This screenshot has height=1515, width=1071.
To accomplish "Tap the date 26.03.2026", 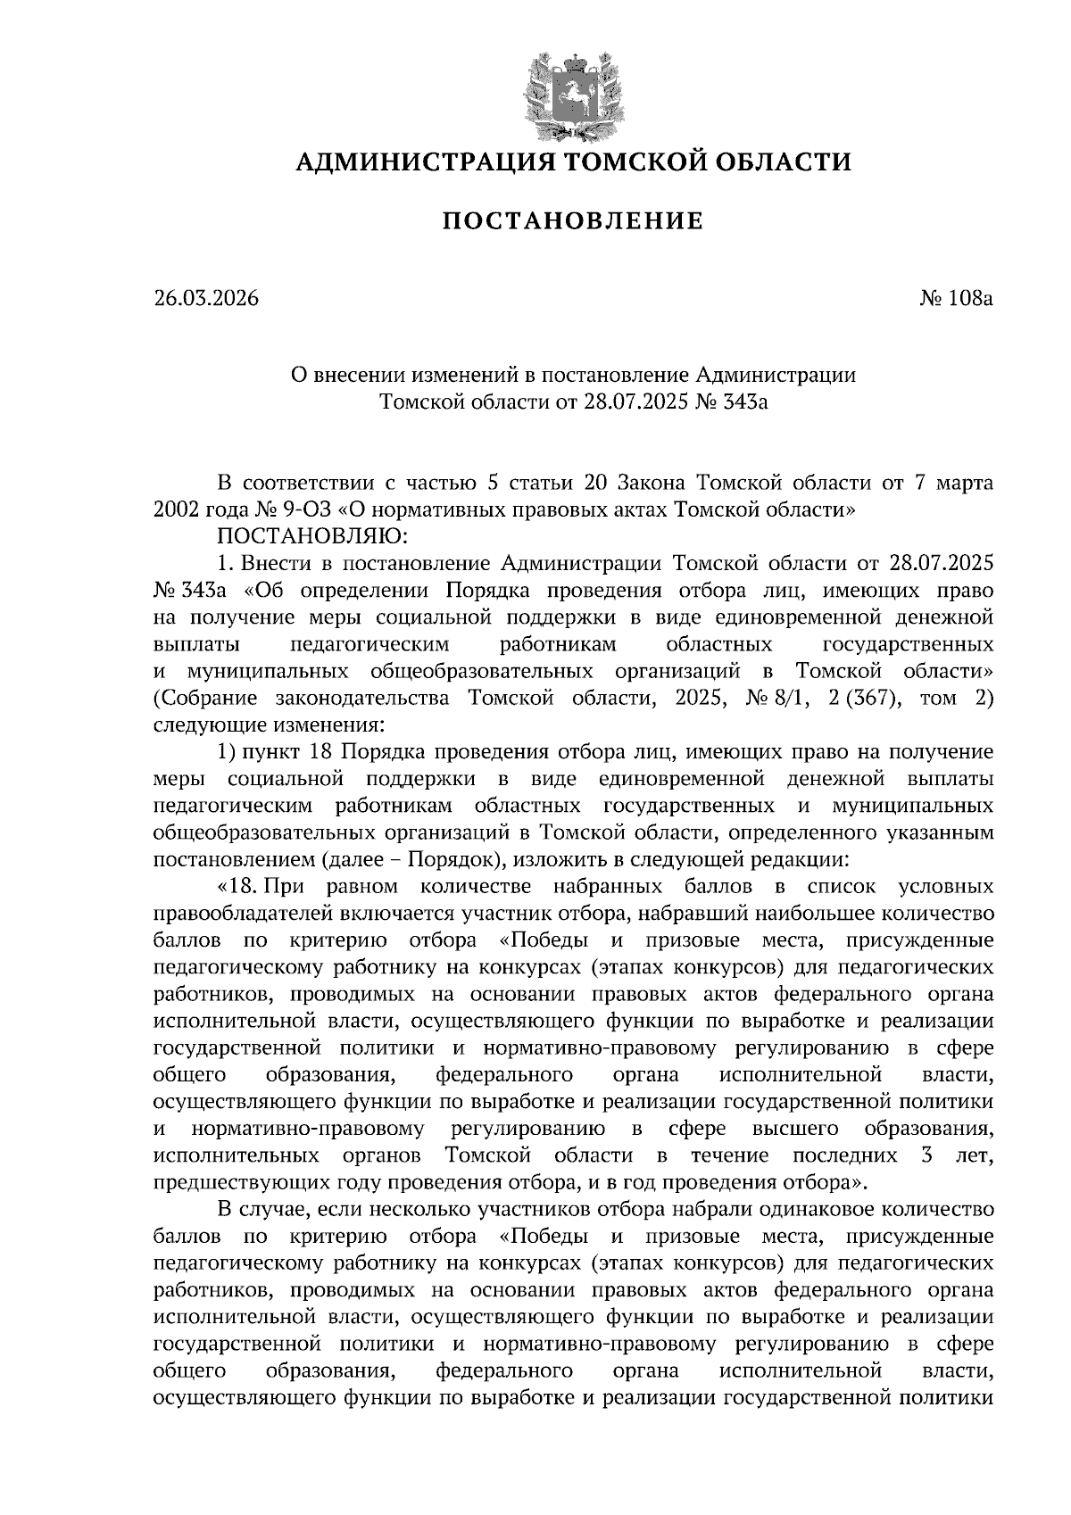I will coord(205,298).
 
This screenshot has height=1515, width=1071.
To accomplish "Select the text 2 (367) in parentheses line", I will coord(861,698).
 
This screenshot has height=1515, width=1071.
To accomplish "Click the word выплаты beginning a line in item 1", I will coord(189,644).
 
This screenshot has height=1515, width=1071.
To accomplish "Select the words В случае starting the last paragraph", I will coord(263,1210).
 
